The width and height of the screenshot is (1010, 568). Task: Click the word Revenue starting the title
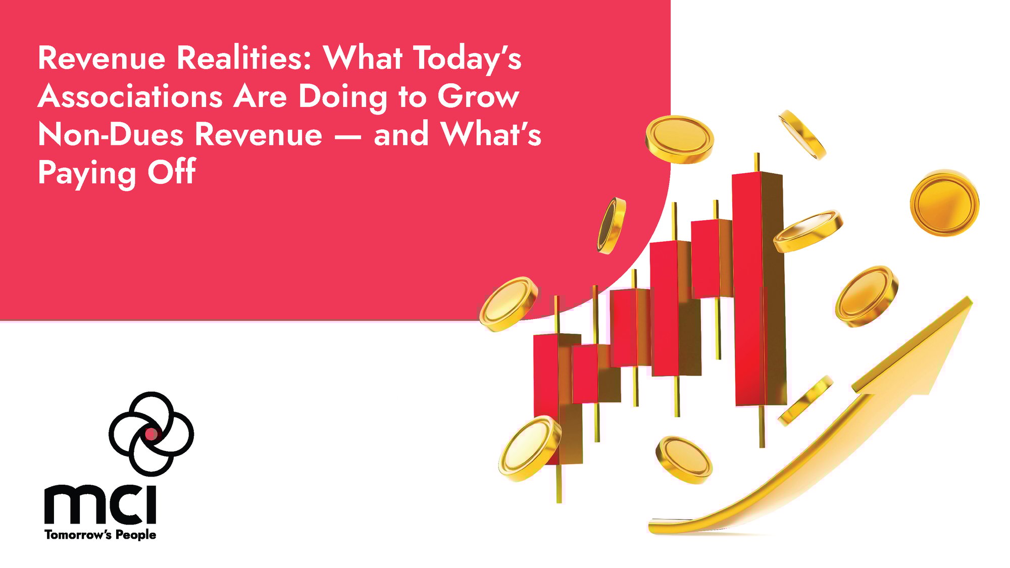pos(102,58)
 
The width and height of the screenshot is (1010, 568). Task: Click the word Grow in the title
pos(478,97)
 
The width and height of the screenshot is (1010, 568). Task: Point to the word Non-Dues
pos(111,135)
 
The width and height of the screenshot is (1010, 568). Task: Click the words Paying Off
pos(117,173)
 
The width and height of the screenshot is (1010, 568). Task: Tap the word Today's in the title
pos(468,59)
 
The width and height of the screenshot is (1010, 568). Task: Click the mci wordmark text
pos(100,505)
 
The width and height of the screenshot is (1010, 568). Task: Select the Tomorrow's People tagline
pos(100,535)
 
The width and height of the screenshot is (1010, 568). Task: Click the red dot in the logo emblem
pos(151,433)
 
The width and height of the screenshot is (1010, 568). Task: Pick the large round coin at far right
pos(944,202)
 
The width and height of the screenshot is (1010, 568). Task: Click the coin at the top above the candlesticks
pos(679,139)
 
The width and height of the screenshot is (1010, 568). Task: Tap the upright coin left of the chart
pos(612,225)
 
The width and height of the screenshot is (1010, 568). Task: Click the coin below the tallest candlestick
pos(684,459)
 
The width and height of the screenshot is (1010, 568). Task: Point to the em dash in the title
pos(347,136)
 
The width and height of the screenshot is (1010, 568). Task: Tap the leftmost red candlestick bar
pos(546,384)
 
